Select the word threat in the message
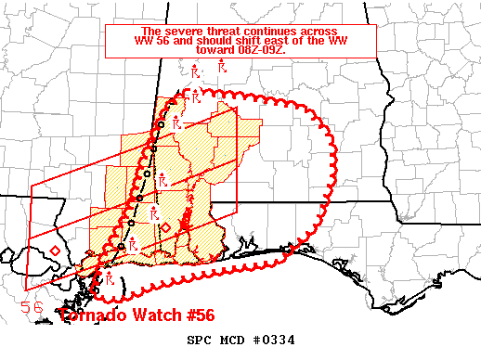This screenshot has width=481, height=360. click(215, 31)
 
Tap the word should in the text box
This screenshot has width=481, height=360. click(224, 41)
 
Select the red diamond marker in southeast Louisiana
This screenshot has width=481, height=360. click(55, 251)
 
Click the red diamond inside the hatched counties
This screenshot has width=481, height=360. click(165, 226)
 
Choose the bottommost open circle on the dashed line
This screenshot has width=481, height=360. click(97, 291)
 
